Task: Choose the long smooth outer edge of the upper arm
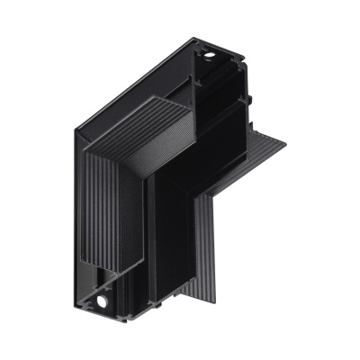tap(135, 90)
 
